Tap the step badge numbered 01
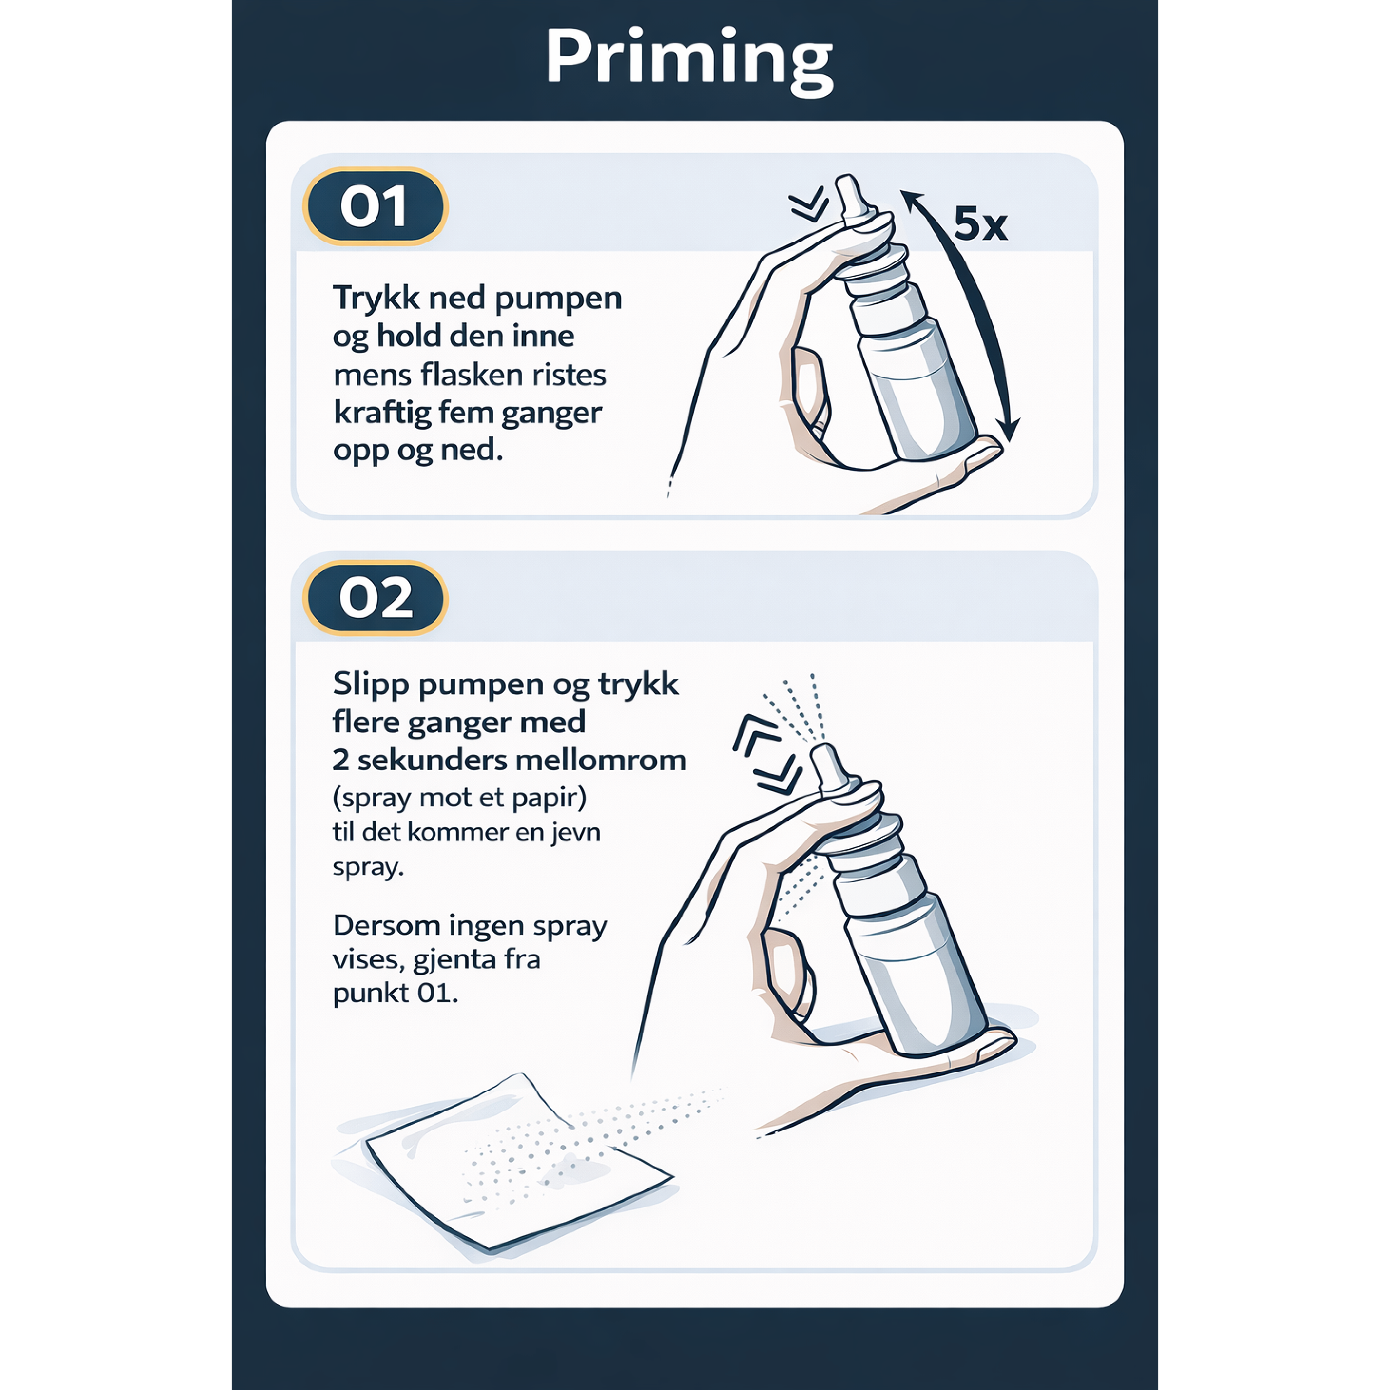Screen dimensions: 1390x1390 375,207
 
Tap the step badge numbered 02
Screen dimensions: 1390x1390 375,598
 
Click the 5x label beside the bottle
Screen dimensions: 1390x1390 980,224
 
